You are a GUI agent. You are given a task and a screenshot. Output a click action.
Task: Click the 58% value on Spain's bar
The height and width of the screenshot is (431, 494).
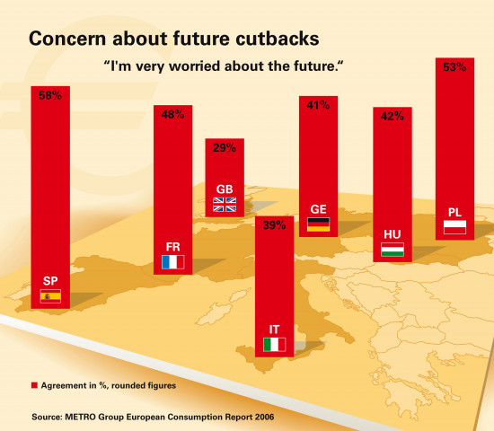tap(50, 95)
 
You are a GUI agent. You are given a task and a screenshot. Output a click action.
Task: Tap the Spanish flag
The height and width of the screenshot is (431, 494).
tap(50, 296)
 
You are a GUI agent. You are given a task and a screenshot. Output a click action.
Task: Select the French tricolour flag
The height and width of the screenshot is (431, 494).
tap(173, 262)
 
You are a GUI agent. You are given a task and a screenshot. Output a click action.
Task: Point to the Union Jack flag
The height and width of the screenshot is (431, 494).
tap(225, 205)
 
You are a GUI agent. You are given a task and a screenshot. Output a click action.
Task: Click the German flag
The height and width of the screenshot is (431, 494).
tap(319, 224)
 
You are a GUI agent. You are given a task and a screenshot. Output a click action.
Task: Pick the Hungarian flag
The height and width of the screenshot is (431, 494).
tap(393, 250)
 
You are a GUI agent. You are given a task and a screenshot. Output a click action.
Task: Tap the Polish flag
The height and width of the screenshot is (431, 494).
tap(454, 227)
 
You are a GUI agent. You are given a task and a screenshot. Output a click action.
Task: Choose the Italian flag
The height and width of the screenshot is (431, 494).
tap(275, 345)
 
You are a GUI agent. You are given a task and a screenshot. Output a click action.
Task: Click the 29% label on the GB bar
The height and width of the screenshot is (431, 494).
tap(225, 147)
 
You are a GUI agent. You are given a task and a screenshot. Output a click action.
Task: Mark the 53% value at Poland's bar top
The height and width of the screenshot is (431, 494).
tap(454, 67)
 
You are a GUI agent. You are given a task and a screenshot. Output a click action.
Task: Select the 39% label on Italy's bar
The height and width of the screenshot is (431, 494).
tap(275, 225)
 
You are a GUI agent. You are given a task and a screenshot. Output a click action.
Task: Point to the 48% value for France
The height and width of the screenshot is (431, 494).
tap(172, 114)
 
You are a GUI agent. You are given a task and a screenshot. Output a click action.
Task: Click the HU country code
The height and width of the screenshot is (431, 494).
tap(393, 234)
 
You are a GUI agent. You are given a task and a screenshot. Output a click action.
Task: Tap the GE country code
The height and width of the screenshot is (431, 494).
tap(318, 209)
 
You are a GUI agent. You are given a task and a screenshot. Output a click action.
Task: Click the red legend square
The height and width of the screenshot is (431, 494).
tap(34, 385)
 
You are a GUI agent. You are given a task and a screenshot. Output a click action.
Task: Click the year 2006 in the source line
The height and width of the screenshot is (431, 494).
tap(264, 417)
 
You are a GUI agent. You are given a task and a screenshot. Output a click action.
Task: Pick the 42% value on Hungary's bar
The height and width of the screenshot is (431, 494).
tap(393, 116)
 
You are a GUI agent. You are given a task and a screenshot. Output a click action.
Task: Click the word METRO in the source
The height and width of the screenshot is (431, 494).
tap(80, 417)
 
